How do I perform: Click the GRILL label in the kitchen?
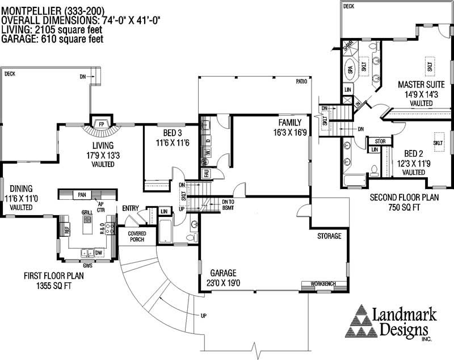[x=87, y=212]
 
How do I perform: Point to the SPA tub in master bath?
[x=350, y=71]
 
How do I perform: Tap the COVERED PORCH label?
[x=137, y=237]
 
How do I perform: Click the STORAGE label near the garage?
[x=330, y=236]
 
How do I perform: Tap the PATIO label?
[x=301, y=82]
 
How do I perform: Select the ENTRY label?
[x=131, y=209]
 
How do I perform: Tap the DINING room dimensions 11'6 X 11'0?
[x=20, y=198]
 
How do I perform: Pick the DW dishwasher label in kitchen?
[x=98, y=253]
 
